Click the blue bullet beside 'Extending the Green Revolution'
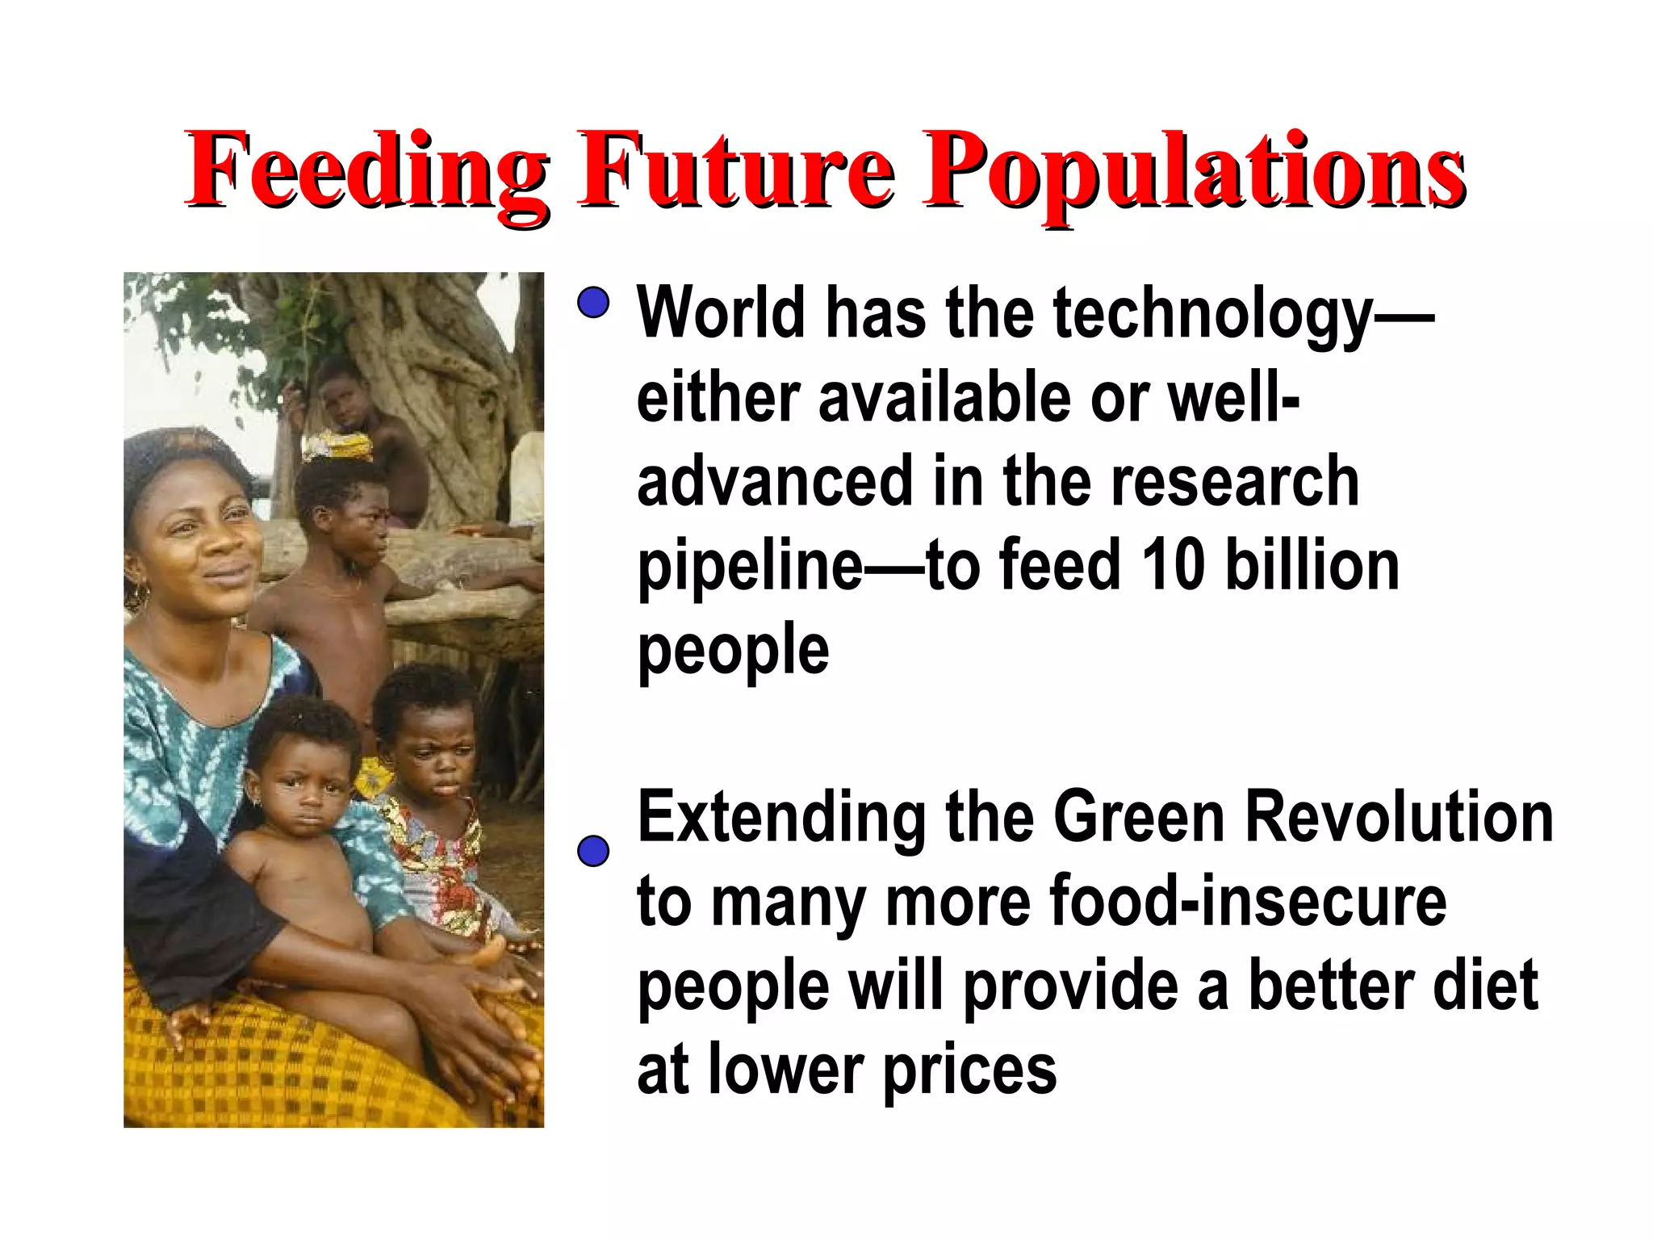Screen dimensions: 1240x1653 [x=593, y=852]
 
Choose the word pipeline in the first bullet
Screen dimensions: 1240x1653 [x=750, y=568]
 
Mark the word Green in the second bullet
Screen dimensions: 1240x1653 [x=1139, y=817]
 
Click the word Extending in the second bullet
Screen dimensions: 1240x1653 [x=781, y=819]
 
